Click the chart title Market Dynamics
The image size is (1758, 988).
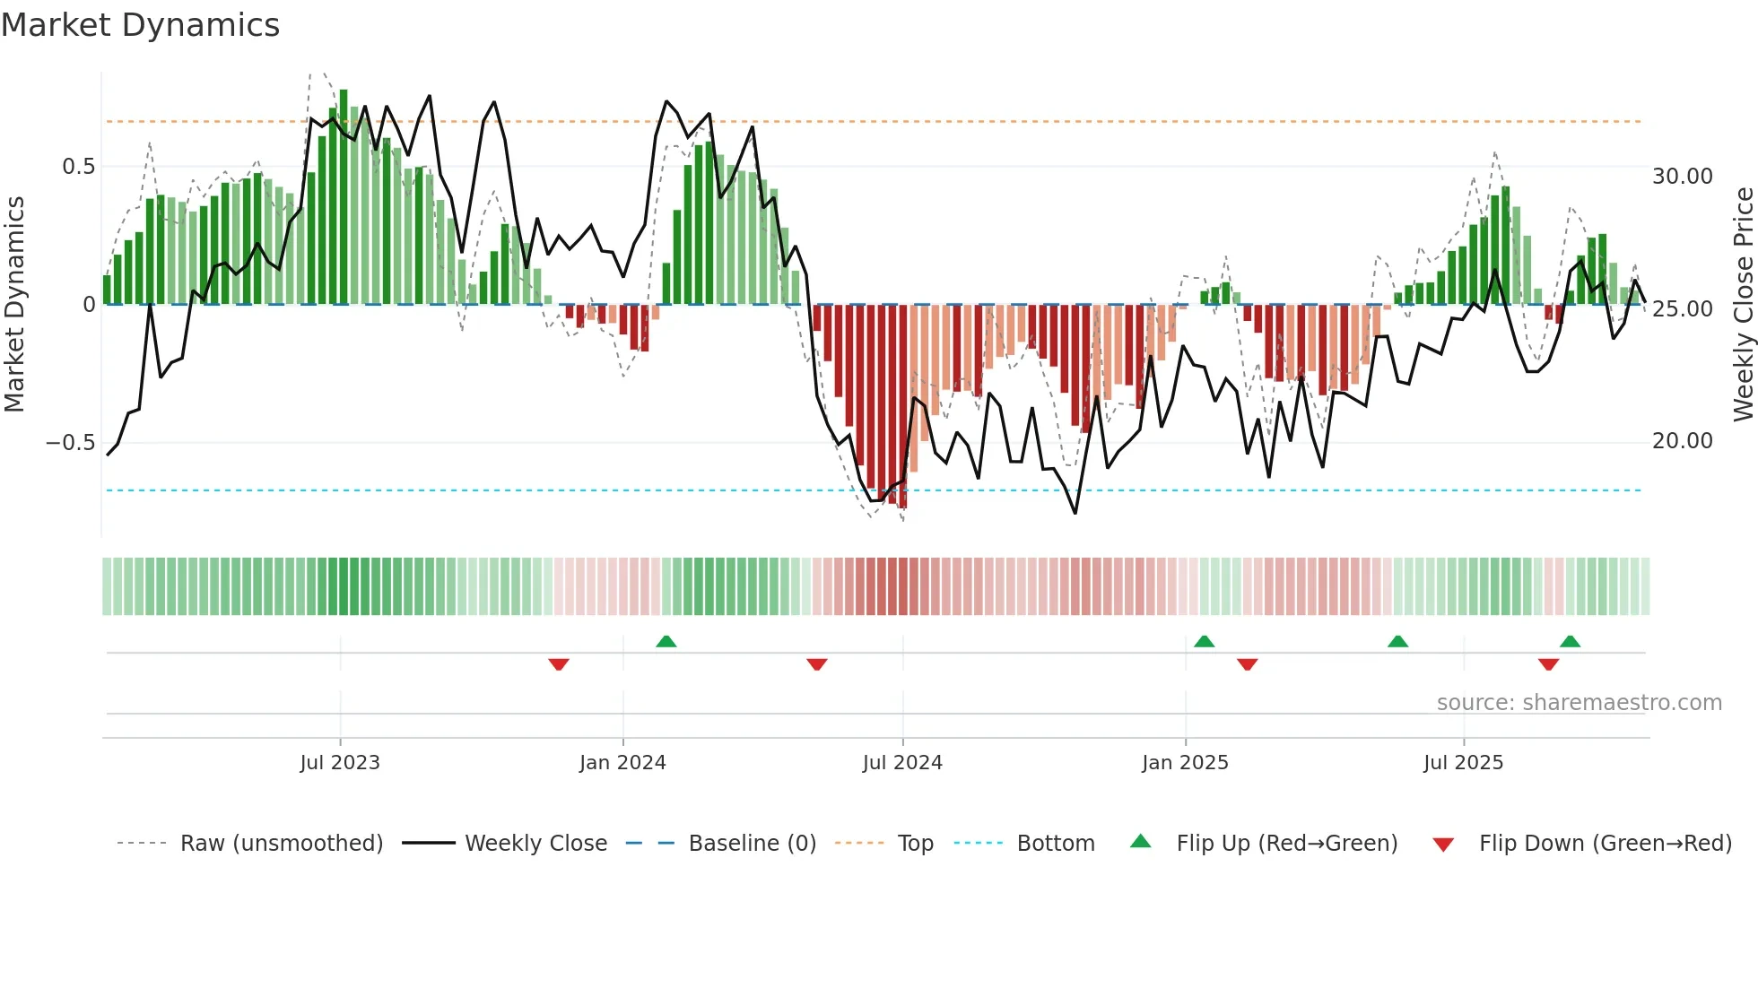click(140, 25)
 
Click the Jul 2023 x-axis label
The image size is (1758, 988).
click(340, 763)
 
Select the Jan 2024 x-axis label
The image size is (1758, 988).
click(622, 763)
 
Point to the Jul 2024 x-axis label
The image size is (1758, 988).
click(902, 763)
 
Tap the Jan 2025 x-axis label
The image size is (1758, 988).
click(1185, 763)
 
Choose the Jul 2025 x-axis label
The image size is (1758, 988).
click(1463, 763)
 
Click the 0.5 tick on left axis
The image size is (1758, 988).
click(78, 167)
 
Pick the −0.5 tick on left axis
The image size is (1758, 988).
click(70, 443)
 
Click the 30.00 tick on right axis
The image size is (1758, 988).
click(1682, 177)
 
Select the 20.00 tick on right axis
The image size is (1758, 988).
click(1682, 441)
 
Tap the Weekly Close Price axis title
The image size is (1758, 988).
click(1743, 305)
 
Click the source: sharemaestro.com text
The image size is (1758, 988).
click(1579, 703)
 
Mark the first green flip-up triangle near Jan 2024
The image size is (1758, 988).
click(666, 641)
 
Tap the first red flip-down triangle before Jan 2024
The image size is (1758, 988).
click(559, 664)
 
